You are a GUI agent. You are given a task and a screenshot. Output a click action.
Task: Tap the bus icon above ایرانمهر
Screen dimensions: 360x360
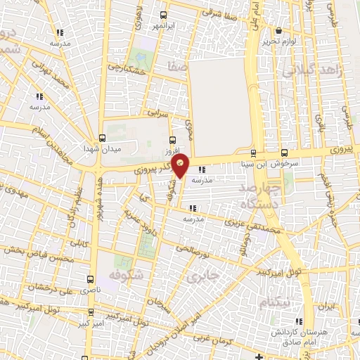pyautogui.click(x=163, y=15)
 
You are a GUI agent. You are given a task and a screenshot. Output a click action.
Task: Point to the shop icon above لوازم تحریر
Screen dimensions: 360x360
pyautogui.click(x=279, y=30)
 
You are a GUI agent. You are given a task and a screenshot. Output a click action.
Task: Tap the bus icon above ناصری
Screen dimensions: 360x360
pyautogui.click(x=90, y=279)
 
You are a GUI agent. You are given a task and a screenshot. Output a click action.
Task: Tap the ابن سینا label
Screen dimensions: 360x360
pyautogui.click(x=252, y=163)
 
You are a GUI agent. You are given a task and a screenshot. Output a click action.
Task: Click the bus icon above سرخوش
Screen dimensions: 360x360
pyautogui.click(x=284, y=152)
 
